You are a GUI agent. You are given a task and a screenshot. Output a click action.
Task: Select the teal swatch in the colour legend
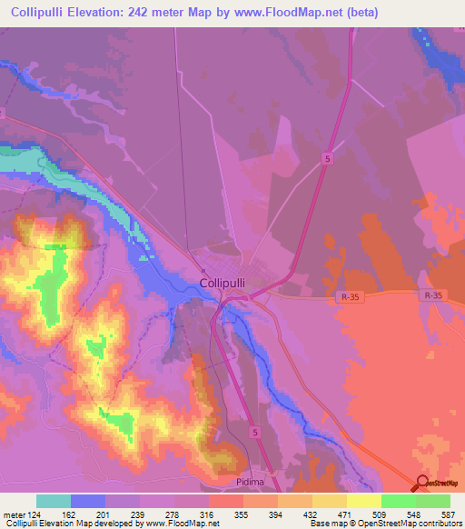54,501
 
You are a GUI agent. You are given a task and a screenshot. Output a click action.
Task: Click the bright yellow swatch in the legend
364,501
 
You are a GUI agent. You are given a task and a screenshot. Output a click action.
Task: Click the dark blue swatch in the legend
88,501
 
